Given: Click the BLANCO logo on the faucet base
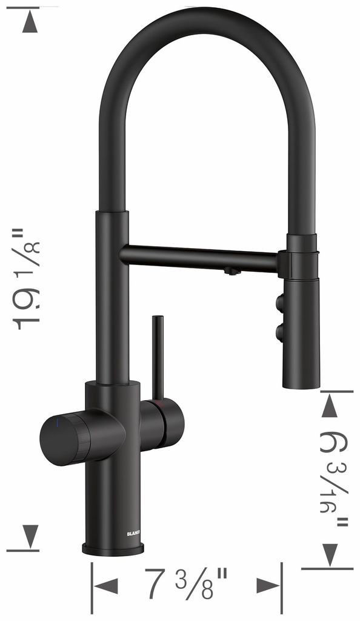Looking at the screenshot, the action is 133,534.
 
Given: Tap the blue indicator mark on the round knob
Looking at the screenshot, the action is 58,423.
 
